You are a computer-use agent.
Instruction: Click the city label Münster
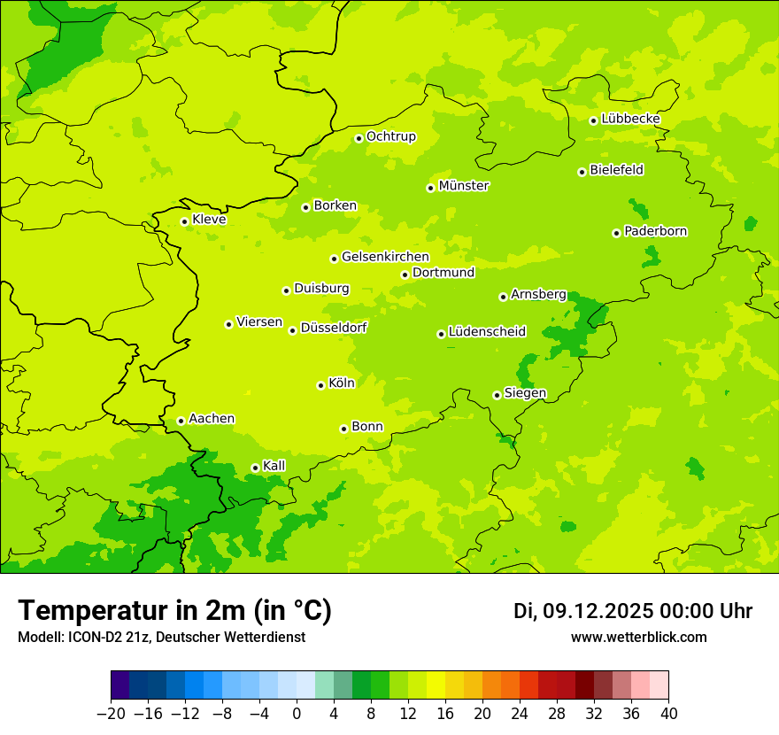(464, 186)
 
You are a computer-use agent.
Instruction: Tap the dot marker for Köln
(320, 385)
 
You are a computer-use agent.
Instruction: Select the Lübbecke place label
(630, 119)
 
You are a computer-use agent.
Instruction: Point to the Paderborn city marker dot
(616, 233)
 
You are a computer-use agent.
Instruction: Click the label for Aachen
(212, 419)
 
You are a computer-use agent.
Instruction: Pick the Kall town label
(274, 466)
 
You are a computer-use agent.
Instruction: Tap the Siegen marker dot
(497, 395)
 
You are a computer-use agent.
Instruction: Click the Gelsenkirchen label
(385, 257)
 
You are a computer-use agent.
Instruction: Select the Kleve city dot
(184, 221)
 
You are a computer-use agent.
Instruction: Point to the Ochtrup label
(391, 136)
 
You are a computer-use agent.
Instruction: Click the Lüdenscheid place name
(487, 332)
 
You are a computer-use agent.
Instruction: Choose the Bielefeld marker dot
(582, 172)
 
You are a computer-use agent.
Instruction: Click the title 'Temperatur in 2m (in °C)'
(174, 611)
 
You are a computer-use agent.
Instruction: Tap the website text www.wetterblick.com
(638, 638)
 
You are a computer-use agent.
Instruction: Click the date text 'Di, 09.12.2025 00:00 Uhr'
(633, 611)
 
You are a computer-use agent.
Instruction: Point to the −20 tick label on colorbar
(111, 714)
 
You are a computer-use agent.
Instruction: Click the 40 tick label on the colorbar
(668, 714)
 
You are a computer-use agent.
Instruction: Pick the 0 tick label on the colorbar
(297, 714)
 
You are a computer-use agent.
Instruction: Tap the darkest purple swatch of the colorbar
(120, 685)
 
